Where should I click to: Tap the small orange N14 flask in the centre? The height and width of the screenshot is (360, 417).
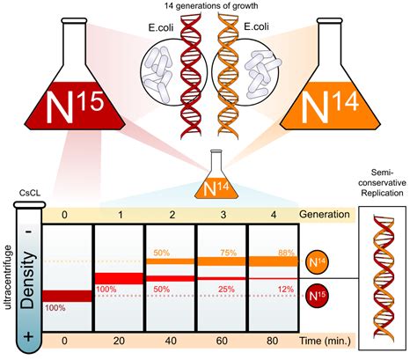pyautogui.click(x=216, y=182)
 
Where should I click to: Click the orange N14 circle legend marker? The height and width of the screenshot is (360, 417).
pyautogui.click(x=317, y=261)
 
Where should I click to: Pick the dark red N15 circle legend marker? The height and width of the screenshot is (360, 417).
pyautogui.click(x=317, y=296)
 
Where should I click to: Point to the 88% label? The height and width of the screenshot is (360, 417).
pyautogui.click(x=286, y=253)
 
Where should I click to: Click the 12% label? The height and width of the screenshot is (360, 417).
pyautogui.click(x=286, y=290)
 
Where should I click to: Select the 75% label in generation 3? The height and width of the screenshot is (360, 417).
pyautogui.click(x=229, y=253)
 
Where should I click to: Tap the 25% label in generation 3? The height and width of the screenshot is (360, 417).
pyautogui.click(x=226, y=290)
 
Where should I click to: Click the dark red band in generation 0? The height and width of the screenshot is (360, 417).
pyautogui.click(x=68, y=296)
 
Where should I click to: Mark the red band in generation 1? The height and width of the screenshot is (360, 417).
pyautogui.click(x=120, y=278)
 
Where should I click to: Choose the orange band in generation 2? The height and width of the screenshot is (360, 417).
pyautogui.click(x=171, y=261)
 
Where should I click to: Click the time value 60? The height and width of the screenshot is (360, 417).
pyautogui.click(x=222, y=341)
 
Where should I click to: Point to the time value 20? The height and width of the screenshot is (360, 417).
pyautogui.click(x=119, y=341)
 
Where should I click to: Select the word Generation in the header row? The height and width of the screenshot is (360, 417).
pyautogui.click(x=325, y=215)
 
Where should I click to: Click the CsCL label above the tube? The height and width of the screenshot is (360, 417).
pyautogui.click(x=30, y=193)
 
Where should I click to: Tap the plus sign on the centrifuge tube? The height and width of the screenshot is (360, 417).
pyautogui.click(x=28, y=336)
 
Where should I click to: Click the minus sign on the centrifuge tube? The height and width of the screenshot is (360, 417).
pyautogui.click(x=28, y=231)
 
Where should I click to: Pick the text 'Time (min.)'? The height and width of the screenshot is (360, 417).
pyautogui.click(x=325, y=342)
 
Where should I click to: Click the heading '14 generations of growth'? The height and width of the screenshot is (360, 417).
pyautogui.click(x=211, y=6)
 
